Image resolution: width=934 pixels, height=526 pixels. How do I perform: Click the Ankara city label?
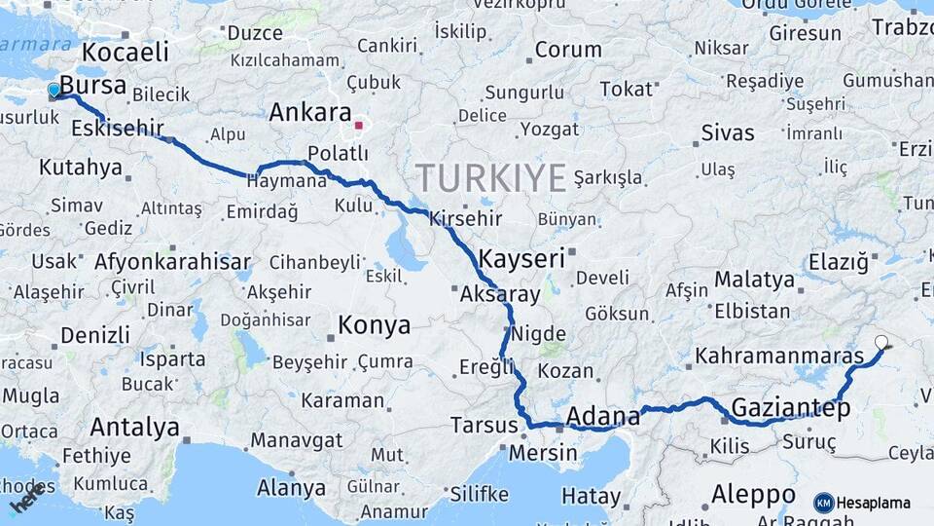point(309,112)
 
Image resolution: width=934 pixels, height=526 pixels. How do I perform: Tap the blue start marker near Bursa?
point(54,91)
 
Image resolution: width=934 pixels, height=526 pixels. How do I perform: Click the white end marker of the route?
point(881,342)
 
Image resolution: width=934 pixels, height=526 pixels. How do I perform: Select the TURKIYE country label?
point(490,178)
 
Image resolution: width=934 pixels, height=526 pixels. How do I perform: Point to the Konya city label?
point(374,325)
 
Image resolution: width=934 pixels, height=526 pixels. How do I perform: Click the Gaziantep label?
point(790,407)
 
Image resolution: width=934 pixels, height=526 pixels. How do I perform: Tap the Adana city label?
point(602,418)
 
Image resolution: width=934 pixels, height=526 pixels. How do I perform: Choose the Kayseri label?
point(522,258)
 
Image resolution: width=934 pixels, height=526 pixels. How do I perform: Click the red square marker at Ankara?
point(359,125)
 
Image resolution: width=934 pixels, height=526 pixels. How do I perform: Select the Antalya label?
point(134,427)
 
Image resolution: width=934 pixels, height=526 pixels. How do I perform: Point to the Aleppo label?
point(753,492)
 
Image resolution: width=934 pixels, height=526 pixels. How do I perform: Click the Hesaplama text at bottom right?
point(873,503)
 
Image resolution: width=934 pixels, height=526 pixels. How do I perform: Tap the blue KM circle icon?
point(823,503)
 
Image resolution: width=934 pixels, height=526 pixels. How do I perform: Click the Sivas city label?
point(727,132)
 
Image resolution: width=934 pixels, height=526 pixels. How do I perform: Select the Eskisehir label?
point(118,127)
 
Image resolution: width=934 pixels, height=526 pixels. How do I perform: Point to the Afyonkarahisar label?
point(172,261)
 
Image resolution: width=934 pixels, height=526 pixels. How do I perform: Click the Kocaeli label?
point(126,51)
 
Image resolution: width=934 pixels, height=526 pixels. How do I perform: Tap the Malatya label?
point(754,280)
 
